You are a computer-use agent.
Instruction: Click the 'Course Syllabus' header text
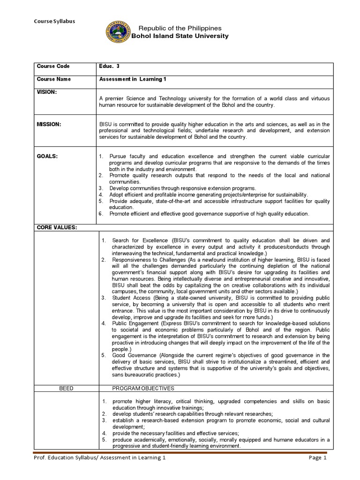click(54, 21)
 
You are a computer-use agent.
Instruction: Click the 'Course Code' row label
click(54, 67)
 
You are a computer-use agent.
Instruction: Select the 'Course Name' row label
click(54, 79)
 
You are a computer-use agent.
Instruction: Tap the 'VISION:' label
click(46, 92)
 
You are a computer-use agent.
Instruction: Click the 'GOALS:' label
click(47, 156)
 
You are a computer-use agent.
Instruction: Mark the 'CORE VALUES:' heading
click(57, 227)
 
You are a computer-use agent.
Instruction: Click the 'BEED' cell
click(66, 389)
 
